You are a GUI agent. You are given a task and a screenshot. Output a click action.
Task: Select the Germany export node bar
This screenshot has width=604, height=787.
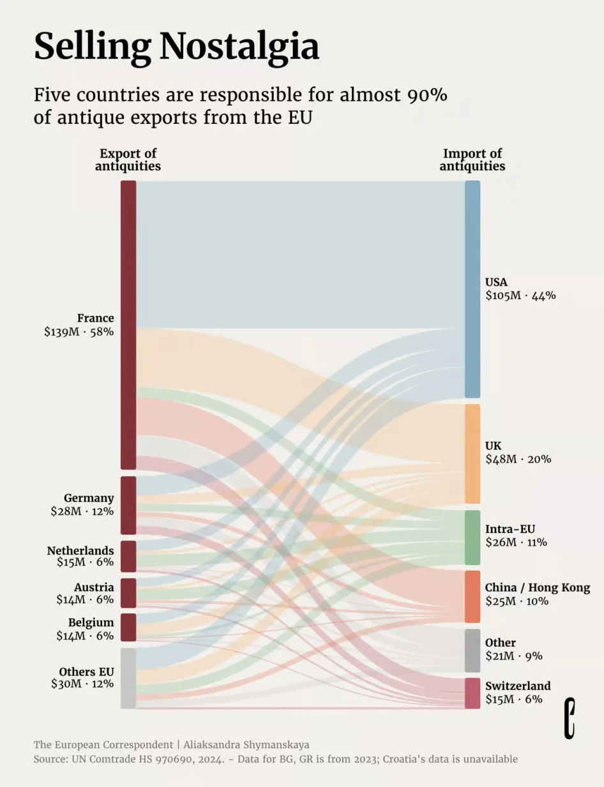pos(128,505)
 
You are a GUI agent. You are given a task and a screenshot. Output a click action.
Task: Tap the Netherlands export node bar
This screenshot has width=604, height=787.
pos(128,556)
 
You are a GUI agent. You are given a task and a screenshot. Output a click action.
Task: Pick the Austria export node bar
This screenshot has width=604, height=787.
pos(128,593)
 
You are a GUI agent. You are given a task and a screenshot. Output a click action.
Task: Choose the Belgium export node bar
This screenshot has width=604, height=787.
pos(128,627)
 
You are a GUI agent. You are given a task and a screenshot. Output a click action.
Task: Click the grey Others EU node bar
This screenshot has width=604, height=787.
pos(128,678)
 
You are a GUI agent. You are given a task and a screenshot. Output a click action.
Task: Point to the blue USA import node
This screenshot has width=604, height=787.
pos(472,289)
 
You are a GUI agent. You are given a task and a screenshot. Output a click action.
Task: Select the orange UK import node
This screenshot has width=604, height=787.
pos(472,453)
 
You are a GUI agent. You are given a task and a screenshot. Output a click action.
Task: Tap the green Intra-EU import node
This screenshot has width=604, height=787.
pos(472,537)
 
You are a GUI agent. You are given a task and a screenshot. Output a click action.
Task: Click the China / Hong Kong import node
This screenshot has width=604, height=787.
pos(472,596)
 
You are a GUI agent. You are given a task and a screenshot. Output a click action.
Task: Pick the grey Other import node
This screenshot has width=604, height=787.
pos(472,650)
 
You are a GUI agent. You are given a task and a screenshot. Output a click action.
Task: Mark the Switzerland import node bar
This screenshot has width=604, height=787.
pos(472,693)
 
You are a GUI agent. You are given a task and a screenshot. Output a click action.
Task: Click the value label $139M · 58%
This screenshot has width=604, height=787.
pos(79,332)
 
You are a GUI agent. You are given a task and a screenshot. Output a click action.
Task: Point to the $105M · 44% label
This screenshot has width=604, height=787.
pos(520,296)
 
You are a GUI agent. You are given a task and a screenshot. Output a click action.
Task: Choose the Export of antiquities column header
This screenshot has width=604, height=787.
pos(128,160)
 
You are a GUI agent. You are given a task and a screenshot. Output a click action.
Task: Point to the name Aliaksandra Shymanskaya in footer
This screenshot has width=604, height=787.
pos(246,744)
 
